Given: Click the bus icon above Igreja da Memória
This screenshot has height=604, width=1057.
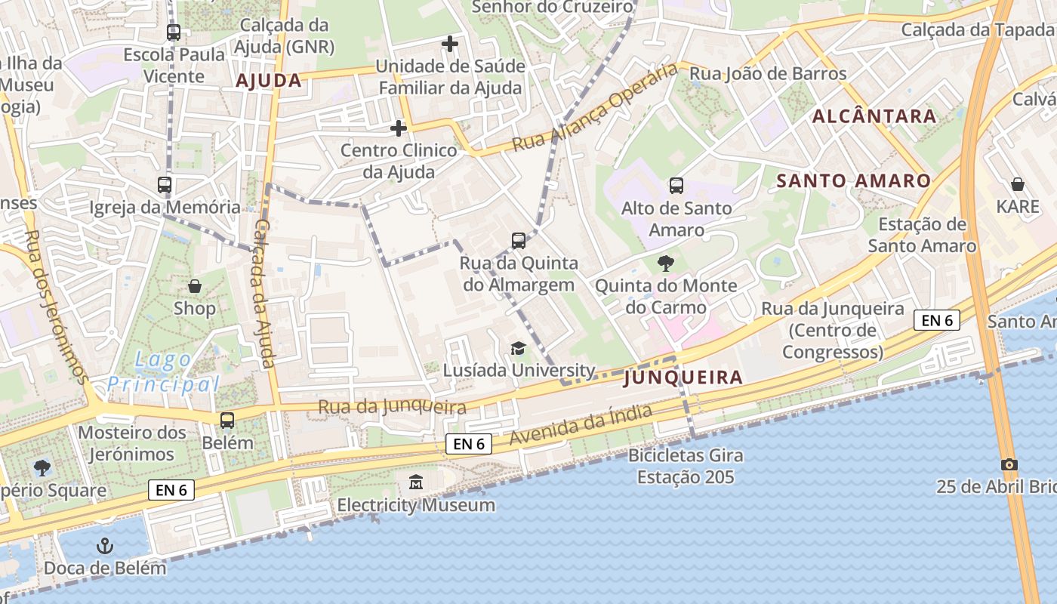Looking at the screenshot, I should pos(165,184).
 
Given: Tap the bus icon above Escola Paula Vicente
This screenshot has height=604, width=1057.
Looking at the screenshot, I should pos(174,32).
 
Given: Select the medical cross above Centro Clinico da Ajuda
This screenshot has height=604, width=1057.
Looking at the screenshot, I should pos(399,128).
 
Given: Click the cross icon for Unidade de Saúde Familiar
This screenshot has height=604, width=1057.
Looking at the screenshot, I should pos(450,44).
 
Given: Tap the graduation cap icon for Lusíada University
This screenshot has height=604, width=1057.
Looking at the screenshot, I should pos(518,348).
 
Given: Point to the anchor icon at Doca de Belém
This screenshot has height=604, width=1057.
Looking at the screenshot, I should pos(105,545).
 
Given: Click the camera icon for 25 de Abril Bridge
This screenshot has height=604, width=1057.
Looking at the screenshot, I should pos(1009,464).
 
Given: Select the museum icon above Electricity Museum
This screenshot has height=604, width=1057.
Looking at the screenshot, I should pos(416,482).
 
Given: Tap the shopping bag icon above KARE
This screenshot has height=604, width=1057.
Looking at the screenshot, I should pos(1018,184).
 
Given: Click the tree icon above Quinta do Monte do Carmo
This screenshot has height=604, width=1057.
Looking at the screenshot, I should pos(666,263).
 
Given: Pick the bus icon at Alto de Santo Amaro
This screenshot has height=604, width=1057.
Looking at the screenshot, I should pos(676,185).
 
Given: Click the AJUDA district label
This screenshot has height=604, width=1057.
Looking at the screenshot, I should pos(269,81).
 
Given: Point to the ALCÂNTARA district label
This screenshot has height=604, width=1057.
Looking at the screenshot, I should pos(874,116).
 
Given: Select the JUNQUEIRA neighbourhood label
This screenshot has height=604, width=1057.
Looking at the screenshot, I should pos(684,377).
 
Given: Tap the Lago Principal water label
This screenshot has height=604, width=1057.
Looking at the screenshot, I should pos(163,371).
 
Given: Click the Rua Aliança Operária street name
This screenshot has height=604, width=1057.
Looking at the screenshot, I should pos(596,108).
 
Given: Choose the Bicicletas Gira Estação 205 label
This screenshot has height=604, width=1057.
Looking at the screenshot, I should pos(686,466).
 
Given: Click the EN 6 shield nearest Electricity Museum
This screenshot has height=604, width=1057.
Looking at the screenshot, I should pos(469,444).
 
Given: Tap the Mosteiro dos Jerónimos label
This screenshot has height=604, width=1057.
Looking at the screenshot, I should pos(132,443).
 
